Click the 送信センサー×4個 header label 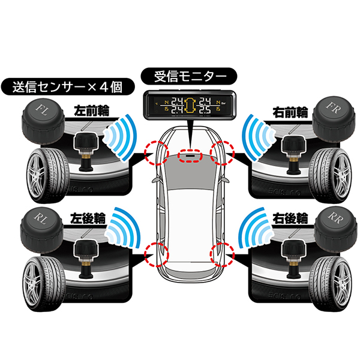[68, 86]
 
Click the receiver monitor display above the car [190, 105]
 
